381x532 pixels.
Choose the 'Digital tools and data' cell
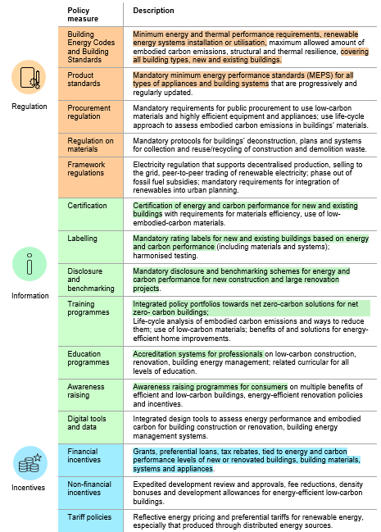88,422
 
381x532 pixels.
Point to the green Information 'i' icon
29,265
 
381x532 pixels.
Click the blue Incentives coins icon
29,463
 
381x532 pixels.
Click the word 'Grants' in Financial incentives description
144,451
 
